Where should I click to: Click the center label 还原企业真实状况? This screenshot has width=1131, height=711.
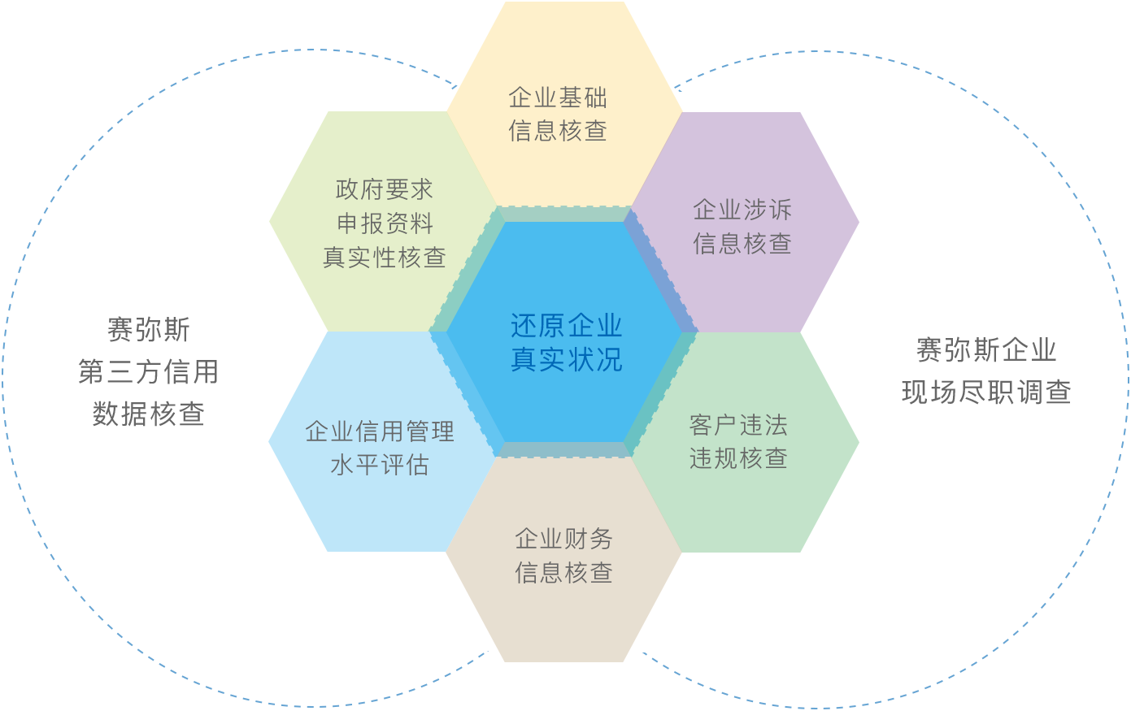(x=566, y=342)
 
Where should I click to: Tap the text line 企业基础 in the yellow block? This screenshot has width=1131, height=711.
(x=558, y=98)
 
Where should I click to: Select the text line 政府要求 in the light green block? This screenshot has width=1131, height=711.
(x=384, y=189)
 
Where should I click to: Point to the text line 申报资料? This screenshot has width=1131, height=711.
(x=385, y=223)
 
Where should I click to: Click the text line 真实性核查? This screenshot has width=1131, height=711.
(x=384, y=258)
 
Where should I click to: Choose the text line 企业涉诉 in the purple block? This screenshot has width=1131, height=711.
(x=742, y=210)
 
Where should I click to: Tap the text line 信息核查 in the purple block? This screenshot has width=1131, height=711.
(x=742, y=243)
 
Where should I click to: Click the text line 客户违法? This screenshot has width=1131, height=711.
(x=738, y=425)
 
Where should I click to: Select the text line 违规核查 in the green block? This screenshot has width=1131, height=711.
(x=738, y=458)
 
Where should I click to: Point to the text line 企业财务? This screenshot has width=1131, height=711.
(x=563, y=539)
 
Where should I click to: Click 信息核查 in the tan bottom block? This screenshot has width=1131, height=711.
(x=563, y=573)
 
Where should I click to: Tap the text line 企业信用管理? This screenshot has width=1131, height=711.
(x=380, y=431)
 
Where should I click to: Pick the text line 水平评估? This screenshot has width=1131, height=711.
(x=380, y=465)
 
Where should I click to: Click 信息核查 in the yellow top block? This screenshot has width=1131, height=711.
(x=558, y=131)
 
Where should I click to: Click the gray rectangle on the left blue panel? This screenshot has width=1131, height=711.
(x=150, y=371)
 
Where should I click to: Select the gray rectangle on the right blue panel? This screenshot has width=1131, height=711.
(x=981, y=370)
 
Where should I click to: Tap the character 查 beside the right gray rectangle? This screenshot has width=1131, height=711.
(x=1060, y=393)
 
